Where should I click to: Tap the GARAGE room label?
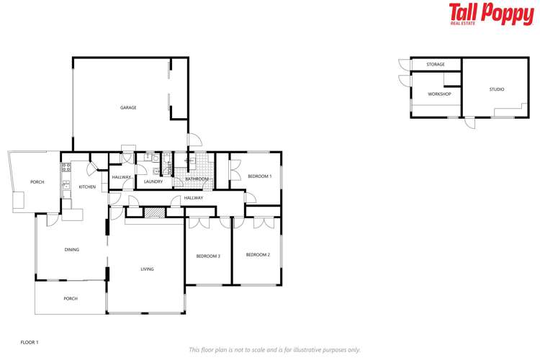tap(128, 108)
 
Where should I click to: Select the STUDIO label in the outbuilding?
tap(497, 89)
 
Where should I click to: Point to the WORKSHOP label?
tap(438, 94)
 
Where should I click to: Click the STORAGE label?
tap(435, 65)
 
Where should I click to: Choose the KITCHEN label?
tap(87, 187)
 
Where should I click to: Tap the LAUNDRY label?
tap(153, 181)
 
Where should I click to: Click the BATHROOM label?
tap(197, 179)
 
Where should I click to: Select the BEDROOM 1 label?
tap(259, 176)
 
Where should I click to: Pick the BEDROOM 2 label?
tap(258, 255)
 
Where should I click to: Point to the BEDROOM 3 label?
tap(208, 256)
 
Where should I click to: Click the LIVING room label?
tap(147, 269)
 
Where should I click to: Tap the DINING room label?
tap(71, 250)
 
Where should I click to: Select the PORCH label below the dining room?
tap(71, 298)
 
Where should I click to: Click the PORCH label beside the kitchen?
tap(37, 182)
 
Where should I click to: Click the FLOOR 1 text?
tap(29, 343)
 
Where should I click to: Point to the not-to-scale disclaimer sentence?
tap(274, 350)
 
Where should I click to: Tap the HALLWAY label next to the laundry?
tap(121, 177)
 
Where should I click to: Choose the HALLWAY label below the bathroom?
tap(193, 198)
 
